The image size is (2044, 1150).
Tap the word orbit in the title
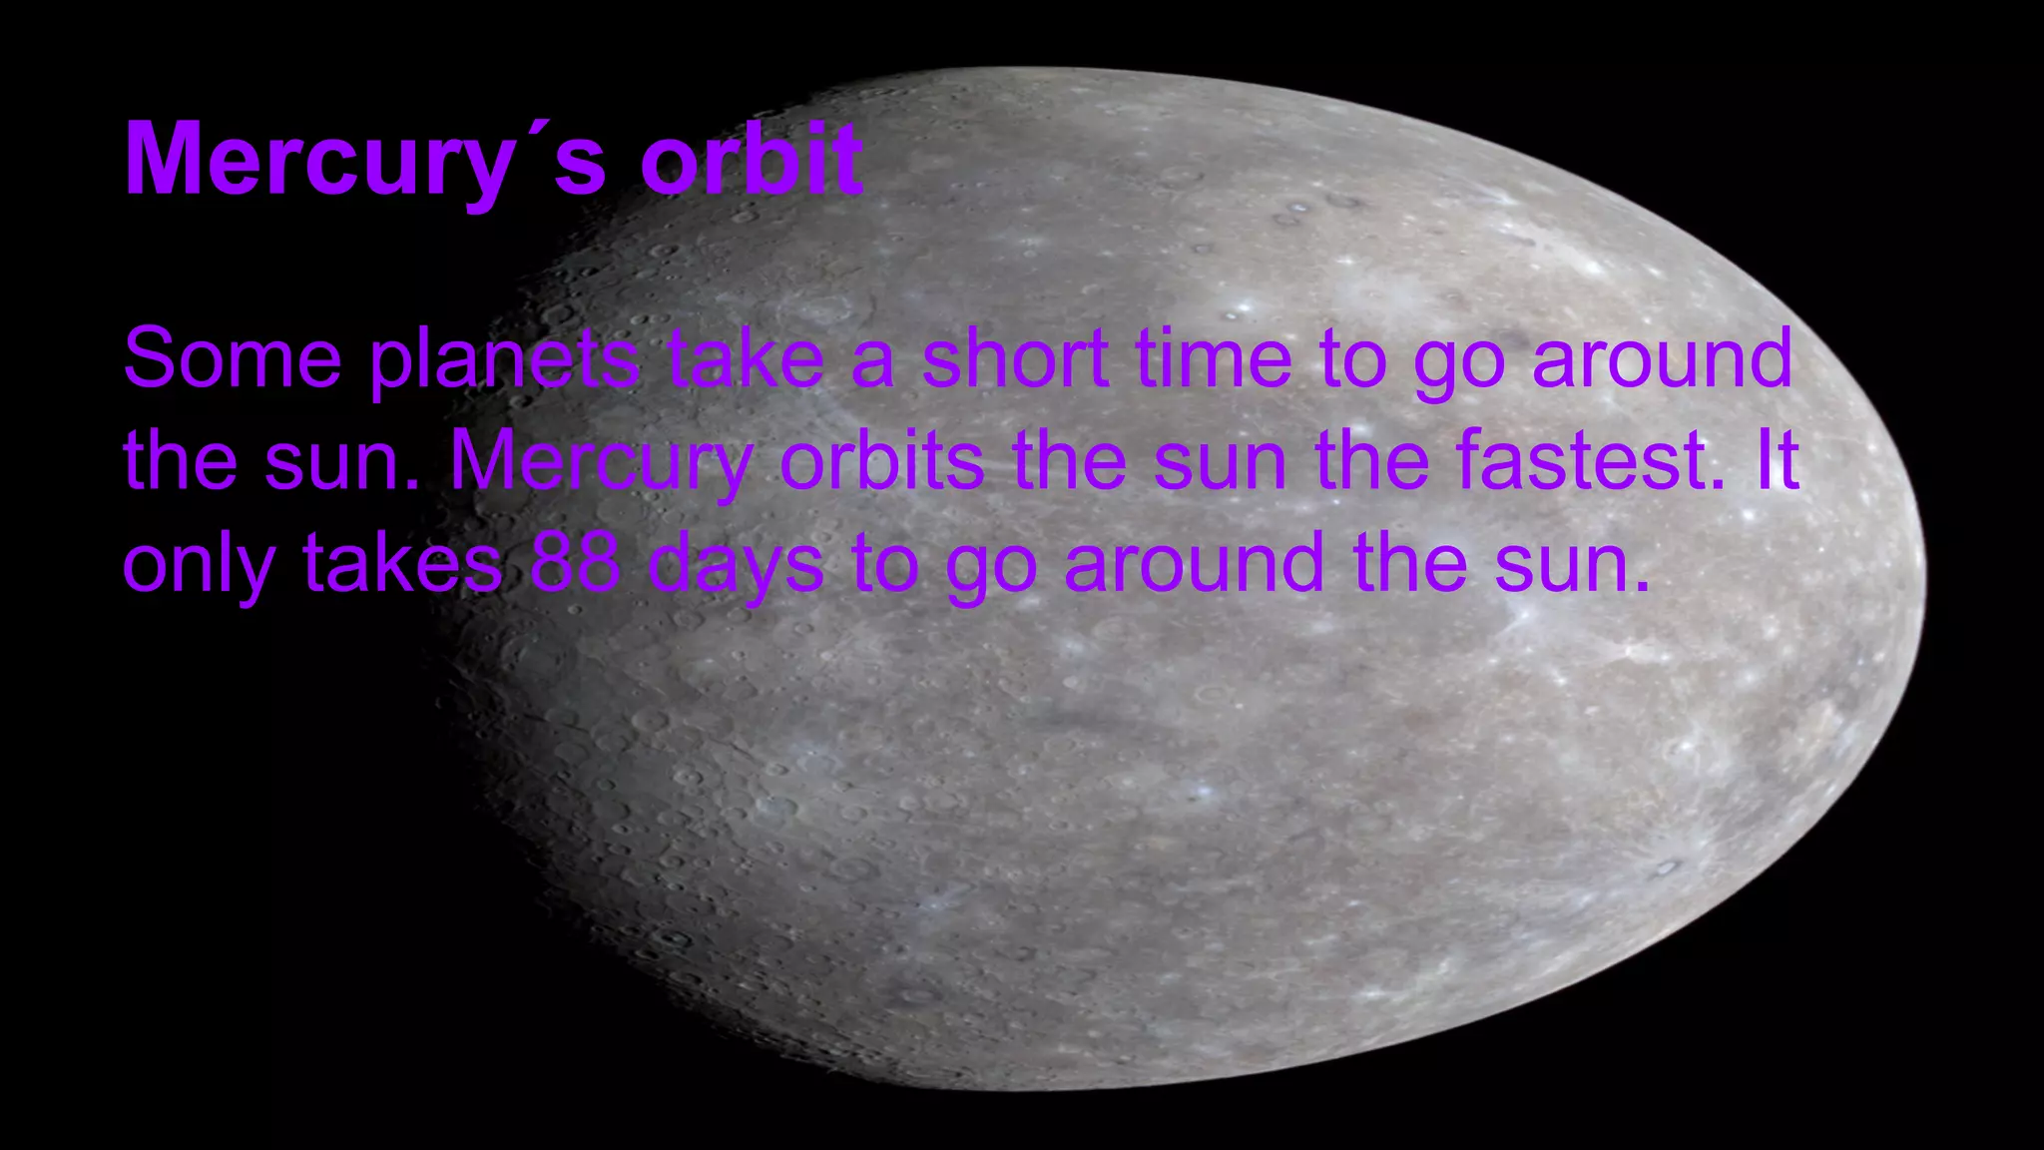tap(752, 160)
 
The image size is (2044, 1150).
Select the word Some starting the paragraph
tap(233, 358)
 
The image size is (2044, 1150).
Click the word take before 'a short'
tap(747, 358)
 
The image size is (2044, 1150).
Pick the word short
tap(1015, 358)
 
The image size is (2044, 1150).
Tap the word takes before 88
tap(402, 563)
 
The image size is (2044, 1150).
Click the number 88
tap(575, 563)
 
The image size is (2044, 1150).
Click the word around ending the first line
tap(1662, 358)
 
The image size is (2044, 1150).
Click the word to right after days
tap(884, 563)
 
